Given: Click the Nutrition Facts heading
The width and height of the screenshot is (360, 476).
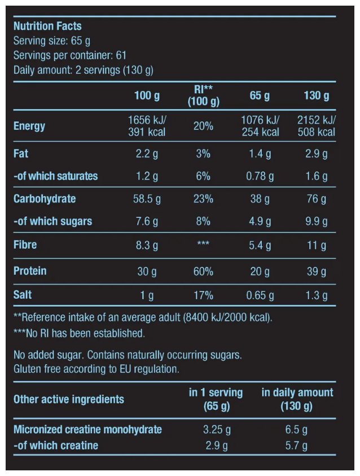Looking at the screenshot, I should click(47, 26).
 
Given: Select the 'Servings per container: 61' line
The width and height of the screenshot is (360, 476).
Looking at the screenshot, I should click(70, 55).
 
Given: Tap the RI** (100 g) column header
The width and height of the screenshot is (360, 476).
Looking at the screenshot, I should click(203, 96).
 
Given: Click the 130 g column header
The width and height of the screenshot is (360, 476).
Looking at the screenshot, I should click(316, 96).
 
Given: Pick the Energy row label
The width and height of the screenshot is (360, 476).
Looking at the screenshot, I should click(29, 126).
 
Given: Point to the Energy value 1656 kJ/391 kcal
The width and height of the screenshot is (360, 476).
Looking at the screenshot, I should click(147, 126).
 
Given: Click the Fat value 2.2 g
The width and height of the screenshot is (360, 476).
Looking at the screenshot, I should click(147, 154).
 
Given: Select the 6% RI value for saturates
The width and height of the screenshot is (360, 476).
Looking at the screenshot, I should click(203, 176).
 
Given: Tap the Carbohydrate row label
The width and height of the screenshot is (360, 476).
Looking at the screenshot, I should click(45, 199).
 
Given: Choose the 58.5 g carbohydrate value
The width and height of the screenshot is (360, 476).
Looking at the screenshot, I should click(147, 199).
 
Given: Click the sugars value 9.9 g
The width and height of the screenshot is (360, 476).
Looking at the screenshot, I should click(316, 221).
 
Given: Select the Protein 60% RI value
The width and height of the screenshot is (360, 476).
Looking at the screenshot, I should click(203, 272).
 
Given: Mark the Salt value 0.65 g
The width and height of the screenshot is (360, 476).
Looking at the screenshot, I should click(260, 295).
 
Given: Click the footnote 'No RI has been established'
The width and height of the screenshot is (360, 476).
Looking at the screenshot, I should click(79, 333).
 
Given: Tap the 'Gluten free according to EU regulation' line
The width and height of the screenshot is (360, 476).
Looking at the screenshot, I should click(96, 369).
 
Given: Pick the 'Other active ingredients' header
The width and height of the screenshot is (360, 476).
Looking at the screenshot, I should click(69, 399).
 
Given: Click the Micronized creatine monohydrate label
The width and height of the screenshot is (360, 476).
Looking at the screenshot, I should click(87, 430).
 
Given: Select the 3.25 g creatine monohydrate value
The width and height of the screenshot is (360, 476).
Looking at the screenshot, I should click(216, 430).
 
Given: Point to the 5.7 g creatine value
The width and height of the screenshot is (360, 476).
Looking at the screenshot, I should click(297, 446).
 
